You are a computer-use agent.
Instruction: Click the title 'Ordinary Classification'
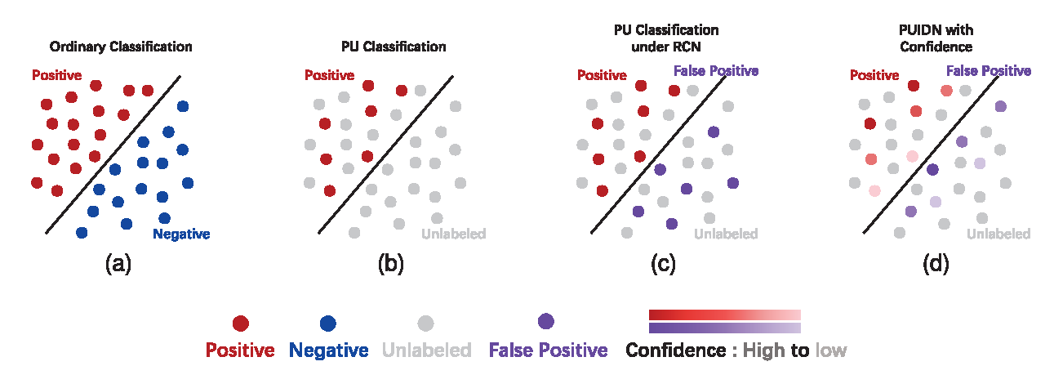[x=121, y=47]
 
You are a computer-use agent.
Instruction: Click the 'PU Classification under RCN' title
[x=666, y=38]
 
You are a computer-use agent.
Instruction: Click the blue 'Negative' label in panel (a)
[x=181, y=234]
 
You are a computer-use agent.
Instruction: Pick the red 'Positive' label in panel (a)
[x=56, y=75]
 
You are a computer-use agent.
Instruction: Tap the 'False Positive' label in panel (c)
[x=716, y=71]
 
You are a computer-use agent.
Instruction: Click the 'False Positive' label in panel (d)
[x=989, y=71]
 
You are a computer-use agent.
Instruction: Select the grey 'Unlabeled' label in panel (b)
[x=454, y=234]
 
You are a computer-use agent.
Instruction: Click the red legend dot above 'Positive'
[x=241, y=324]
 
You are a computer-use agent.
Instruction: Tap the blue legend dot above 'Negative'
[x=328, y=324]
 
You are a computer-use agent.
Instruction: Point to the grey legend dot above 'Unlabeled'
[x=425, y=324]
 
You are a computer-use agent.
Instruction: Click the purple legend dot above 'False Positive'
[x=546, y=320]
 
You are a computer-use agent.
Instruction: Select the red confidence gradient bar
[x=724, y=315]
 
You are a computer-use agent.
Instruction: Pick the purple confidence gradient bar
[x=724, y=328]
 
